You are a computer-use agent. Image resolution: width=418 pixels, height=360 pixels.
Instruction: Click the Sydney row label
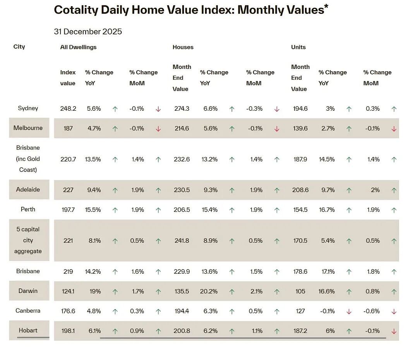28,108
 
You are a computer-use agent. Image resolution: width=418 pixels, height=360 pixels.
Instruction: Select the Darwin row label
28,291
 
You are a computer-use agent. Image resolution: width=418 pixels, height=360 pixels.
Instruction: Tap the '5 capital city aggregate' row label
28,240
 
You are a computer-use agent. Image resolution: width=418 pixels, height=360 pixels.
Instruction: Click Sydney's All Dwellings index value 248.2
68,108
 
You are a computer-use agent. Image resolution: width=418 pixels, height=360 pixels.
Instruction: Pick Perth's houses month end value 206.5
182,210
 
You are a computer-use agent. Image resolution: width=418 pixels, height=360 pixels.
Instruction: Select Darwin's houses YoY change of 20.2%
209,291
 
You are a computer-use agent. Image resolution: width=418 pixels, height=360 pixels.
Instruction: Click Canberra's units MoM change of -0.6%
372,311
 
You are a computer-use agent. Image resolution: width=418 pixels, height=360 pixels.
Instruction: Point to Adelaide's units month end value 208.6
300,190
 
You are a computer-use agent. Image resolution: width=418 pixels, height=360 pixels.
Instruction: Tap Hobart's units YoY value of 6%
330,331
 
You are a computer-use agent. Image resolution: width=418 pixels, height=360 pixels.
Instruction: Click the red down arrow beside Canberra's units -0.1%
349,312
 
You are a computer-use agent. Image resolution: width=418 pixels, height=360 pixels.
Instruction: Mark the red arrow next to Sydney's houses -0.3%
277,109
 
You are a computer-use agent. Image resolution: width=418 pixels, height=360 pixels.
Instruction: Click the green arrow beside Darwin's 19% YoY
115,292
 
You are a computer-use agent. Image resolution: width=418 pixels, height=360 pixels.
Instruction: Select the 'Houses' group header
183,47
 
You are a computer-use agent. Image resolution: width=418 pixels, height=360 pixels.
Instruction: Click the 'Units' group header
298,47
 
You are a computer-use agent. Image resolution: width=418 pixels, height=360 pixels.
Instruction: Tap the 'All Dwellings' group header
78,47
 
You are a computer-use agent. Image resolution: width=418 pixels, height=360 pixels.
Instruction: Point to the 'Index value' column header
68,77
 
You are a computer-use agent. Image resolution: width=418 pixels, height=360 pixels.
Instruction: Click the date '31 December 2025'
88,31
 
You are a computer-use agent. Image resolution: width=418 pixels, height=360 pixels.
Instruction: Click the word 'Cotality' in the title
76,10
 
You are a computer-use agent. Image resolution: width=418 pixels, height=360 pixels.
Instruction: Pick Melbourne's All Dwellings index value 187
68,129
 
